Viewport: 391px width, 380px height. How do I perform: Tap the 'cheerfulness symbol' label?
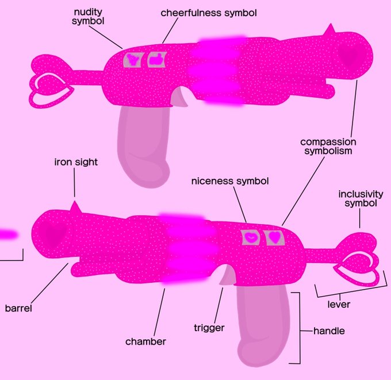pos(200,12)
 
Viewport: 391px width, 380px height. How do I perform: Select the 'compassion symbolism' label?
pos(328,146)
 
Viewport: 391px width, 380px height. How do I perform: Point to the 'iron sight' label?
pos(76,162)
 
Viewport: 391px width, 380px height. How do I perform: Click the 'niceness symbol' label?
pos(229,181)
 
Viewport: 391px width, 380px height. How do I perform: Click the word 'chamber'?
pos(145,341)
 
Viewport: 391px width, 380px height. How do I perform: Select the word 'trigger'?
pos(209,328)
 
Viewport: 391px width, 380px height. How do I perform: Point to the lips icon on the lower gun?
pos(251,236)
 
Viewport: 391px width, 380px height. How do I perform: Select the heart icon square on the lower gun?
pos(275,236)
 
